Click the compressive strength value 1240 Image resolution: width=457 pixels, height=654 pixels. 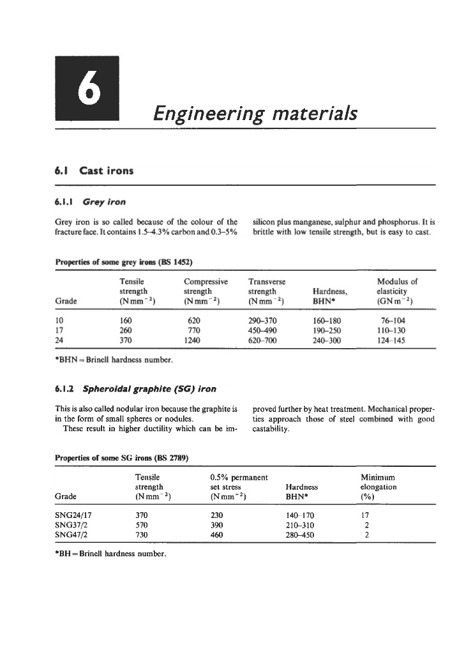click(x=193, y=342)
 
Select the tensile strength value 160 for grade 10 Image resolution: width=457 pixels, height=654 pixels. click(x=126, y=321)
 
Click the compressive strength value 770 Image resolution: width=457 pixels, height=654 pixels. click(x=193, y=331)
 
